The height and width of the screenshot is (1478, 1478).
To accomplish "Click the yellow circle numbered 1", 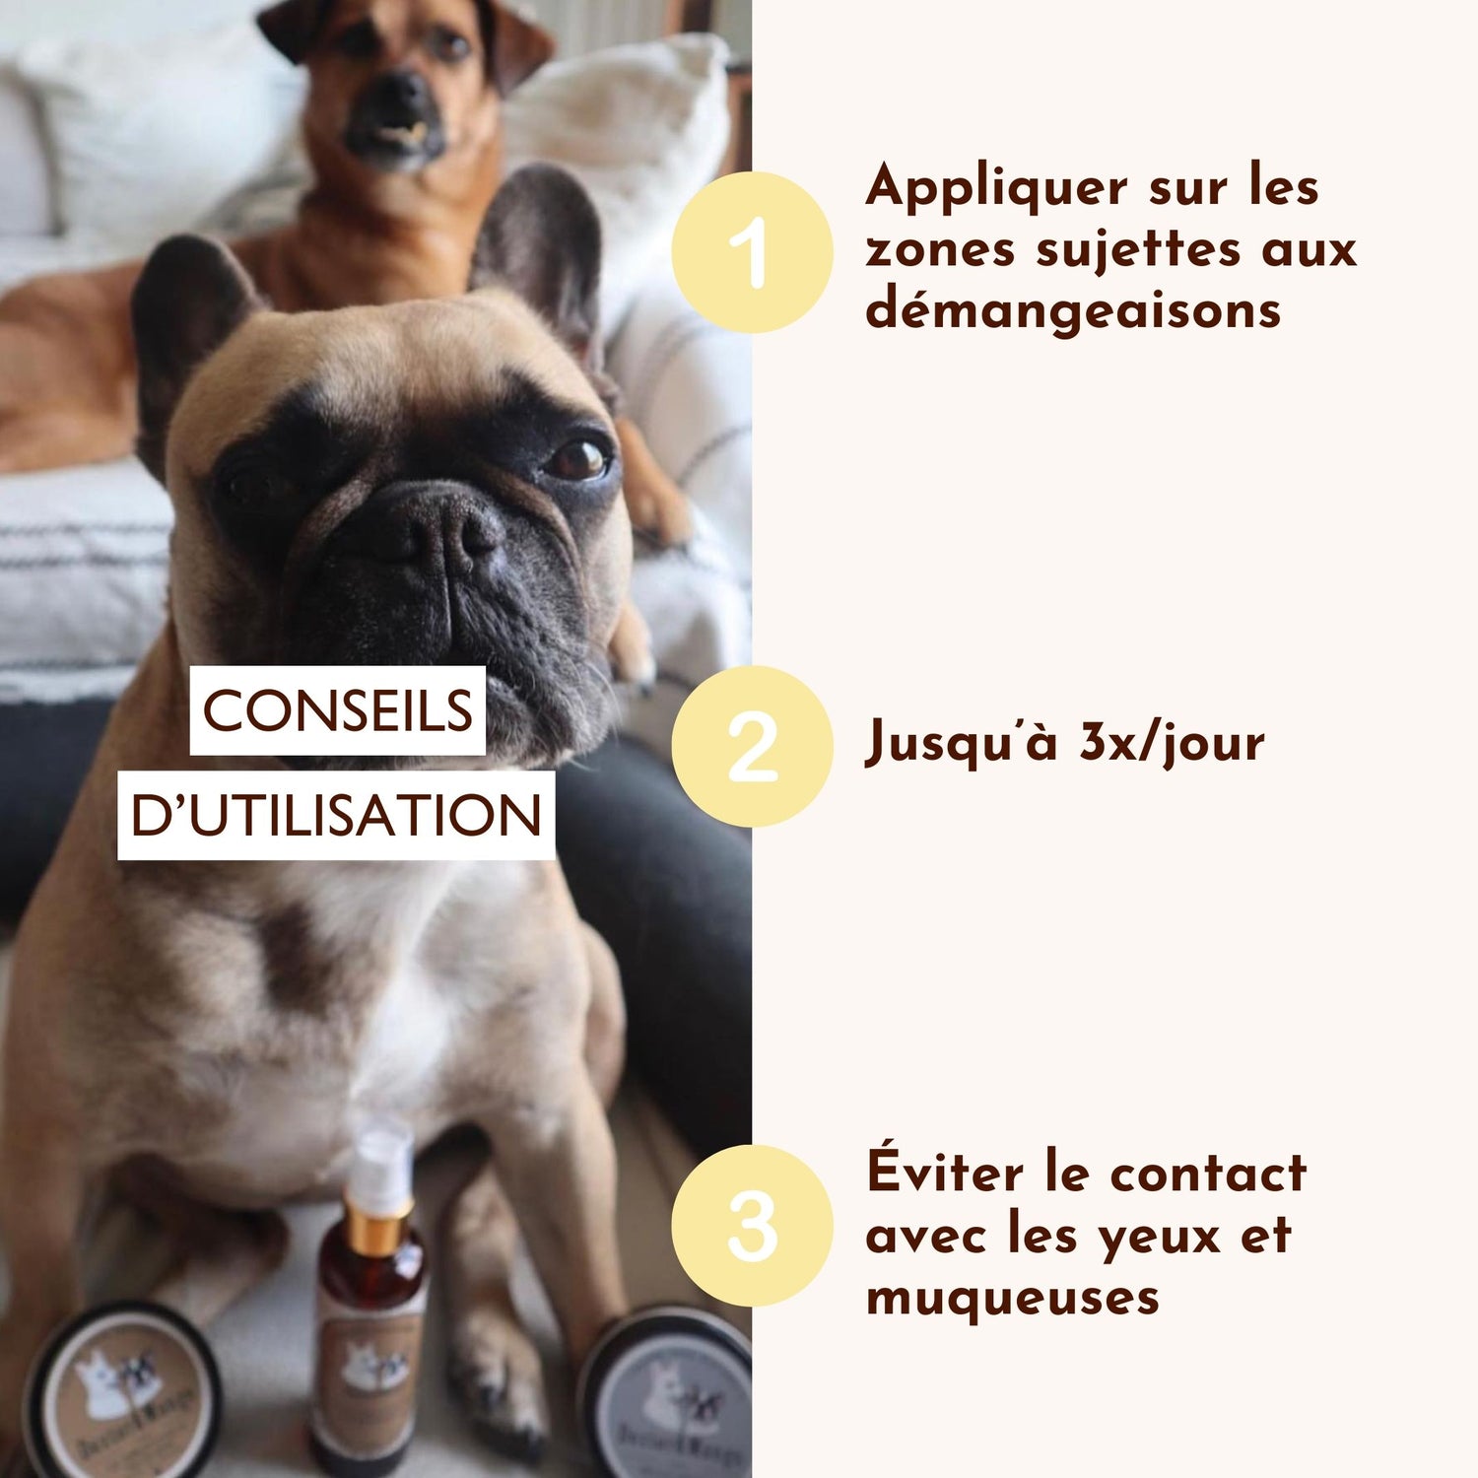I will pos(752,251).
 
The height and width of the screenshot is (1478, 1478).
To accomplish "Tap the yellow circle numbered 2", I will pos(752,746).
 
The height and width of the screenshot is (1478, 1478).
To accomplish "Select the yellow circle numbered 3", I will pos(752,1225).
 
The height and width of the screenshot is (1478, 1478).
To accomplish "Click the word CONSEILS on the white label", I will pos(337,710).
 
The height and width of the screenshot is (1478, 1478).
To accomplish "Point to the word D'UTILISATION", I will pos(336,815).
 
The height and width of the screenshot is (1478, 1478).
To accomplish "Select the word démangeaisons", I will pos(1073,310).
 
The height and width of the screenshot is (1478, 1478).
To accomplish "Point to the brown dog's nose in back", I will pos(399,96).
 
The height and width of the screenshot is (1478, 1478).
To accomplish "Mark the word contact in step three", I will pos(1207,1174).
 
